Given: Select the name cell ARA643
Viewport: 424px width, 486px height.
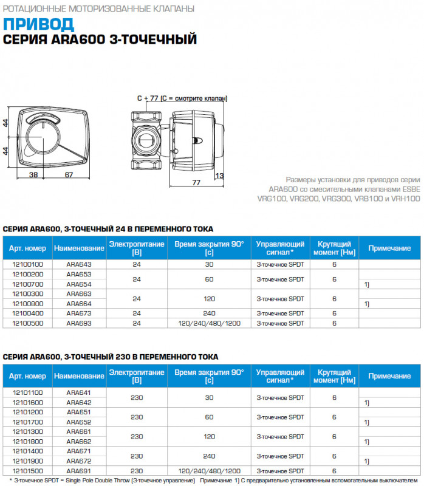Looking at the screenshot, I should [78, 264].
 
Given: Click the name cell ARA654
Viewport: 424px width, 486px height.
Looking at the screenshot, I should [78, 284].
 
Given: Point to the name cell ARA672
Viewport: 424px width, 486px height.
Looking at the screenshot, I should [78, 461].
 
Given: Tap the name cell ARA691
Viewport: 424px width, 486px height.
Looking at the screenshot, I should [78, 471].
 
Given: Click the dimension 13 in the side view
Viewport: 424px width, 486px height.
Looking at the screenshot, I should [219, 176].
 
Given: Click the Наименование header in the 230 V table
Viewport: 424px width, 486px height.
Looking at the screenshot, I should [78, 377].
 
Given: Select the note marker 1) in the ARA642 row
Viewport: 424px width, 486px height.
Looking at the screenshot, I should [366, 403].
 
